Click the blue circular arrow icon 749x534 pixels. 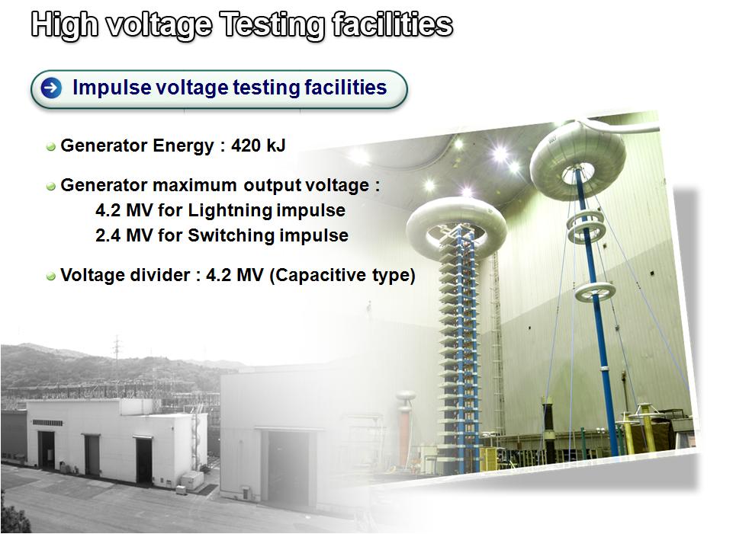click(x=51, y=88)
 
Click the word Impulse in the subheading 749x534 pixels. click(x=111, y=88)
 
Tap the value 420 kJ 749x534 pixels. click(x=258, y=145)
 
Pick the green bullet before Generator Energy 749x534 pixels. click(x=51, y=146)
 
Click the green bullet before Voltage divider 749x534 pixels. click(x=51, y=277)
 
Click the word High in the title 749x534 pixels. click(x=65, y=25)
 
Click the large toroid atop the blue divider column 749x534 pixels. click(x=577, y=159)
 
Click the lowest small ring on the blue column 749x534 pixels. click(x=595, y=291)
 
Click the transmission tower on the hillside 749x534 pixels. click(x=117, y=353)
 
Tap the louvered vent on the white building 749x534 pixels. click(x=47, y=423)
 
